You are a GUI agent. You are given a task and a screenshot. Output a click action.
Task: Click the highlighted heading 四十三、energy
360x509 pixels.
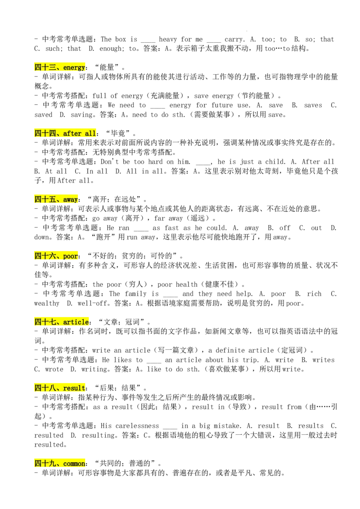[60, 67]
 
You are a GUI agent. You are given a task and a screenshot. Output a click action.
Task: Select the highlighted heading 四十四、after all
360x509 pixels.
[65, 134]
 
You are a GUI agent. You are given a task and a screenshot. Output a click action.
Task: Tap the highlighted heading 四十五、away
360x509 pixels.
[56, 199]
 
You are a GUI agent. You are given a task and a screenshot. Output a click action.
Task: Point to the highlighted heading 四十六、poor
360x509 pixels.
[56, 256]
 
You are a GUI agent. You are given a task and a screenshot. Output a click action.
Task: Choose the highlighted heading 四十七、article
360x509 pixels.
[62, 322]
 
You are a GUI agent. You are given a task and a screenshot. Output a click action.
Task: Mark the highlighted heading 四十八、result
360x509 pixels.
[60, 388]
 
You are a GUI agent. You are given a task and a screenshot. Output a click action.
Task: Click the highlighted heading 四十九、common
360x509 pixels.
[60, 463]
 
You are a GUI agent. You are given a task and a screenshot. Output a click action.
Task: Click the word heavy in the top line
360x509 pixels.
[168, 40]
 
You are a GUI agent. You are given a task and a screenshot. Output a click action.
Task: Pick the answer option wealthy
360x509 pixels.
[47, 304]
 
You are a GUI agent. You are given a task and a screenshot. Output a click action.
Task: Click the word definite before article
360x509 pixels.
[230, 350]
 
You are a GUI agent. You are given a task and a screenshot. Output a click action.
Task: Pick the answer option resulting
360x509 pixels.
[99, 435]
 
